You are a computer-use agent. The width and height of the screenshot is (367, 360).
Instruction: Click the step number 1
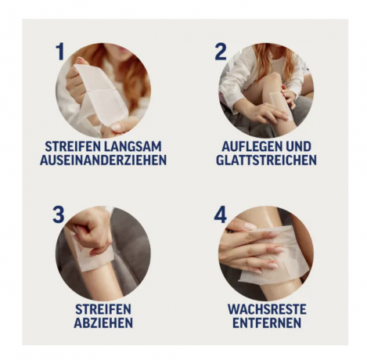pyautogui.click(x=60, y=52)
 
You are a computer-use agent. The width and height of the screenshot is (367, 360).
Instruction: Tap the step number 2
pyautogui.click(x=221, y=52)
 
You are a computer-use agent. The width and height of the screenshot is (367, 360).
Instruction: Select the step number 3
pyautogui.click(x=59, y=214)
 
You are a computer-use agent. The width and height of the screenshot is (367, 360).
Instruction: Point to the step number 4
pyautogui.click(x=221, y=214)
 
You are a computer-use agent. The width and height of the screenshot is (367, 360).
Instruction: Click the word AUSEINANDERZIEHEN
pyautogui.click(x=103, y=160)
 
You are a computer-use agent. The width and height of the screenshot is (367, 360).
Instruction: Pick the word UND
pyautogui.click(x=300, y=147)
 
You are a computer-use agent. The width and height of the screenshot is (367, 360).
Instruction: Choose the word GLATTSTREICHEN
pyautogui.click(x=266, y=160)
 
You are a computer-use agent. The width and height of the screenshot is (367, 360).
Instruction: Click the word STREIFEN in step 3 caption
pyautogui.click(x=103, y=309)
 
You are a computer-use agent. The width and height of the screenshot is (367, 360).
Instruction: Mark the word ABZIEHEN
pyautogui.click(x=103, y=322)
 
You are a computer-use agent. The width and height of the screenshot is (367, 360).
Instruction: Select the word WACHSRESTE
pyautogui.click(x=266, y=309)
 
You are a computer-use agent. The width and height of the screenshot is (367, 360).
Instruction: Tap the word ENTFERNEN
pyautogui.click(x=266, y=322)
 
